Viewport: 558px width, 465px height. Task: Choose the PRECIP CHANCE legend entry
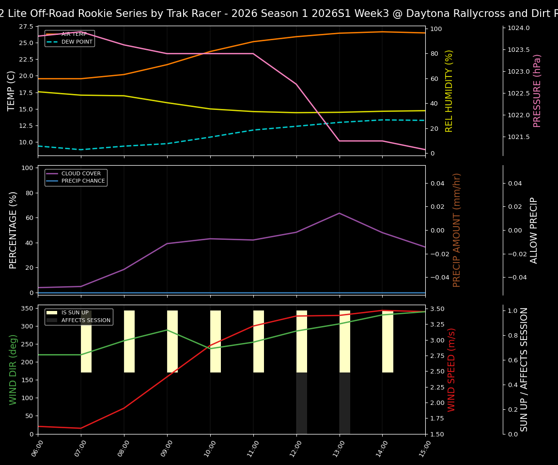(83, 181)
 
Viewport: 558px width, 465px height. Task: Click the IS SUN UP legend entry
(75, 313)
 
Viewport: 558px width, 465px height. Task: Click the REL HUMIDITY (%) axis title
(449, 91)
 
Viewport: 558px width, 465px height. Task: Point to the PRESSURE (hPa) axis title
(537, 91)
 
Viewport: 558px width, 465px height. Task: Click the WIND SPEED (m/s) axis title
(451, 370)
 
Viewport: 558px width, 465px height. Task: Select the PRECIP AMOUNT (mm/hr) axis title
(457, 230)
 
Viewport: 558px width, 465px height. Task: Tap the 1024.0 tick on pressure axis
(518, 28)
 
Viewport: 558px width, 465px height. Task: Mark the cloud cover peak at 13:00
(339, 213)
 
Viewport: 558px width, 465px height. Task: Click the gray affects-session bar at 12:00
(301, 403)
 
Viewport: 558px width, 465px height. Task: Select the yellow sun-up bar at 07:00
(86, 341)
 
